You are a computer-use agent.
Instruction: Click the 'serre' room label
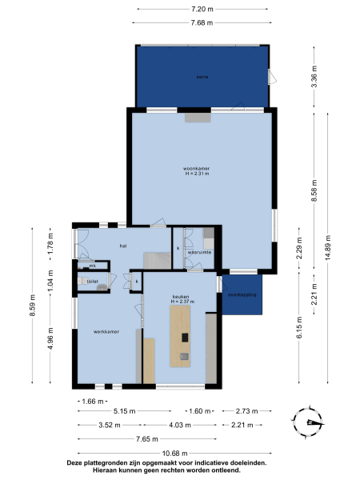pyautogui.click(x=202, y=77)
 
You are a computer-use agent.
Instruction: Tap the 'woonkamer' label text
pyautogui.click(x=195, y=168)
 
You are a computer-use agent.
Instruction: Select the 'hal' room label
pyautogui.click(x=124, y=246)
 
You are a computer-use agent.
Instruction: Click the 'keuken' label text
pyautogui.click(x=180, y=296)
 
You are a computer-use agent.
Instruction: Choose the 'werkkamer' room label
pyautogui.click(x=106, y=331)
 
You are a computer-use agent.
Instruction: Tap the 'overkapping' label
pyautogui.click(x=242, y=294)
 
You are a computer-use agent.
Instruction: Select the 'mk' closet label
pyautogui.click(x=92, y=265)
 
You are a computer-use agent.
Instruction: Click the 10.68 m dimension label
pyautogui.click(x=167, y=453)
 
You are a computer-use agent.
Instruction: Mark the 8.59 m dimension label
pyautogui.click(x=33, y=306)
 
